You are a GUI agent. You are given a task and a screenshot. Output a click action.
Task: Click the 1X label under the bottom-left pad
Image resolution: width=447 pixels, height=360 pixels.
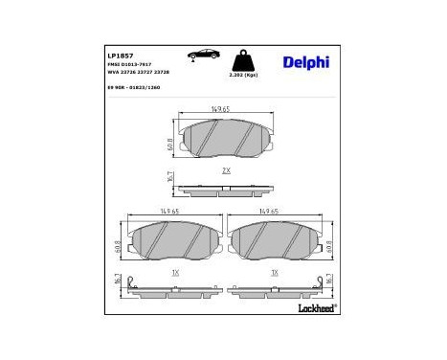[174, 273]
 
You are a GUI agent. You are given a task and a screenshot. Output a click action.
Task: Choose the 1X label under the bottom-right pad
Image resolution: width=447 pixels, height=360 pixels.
[275, 273]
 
